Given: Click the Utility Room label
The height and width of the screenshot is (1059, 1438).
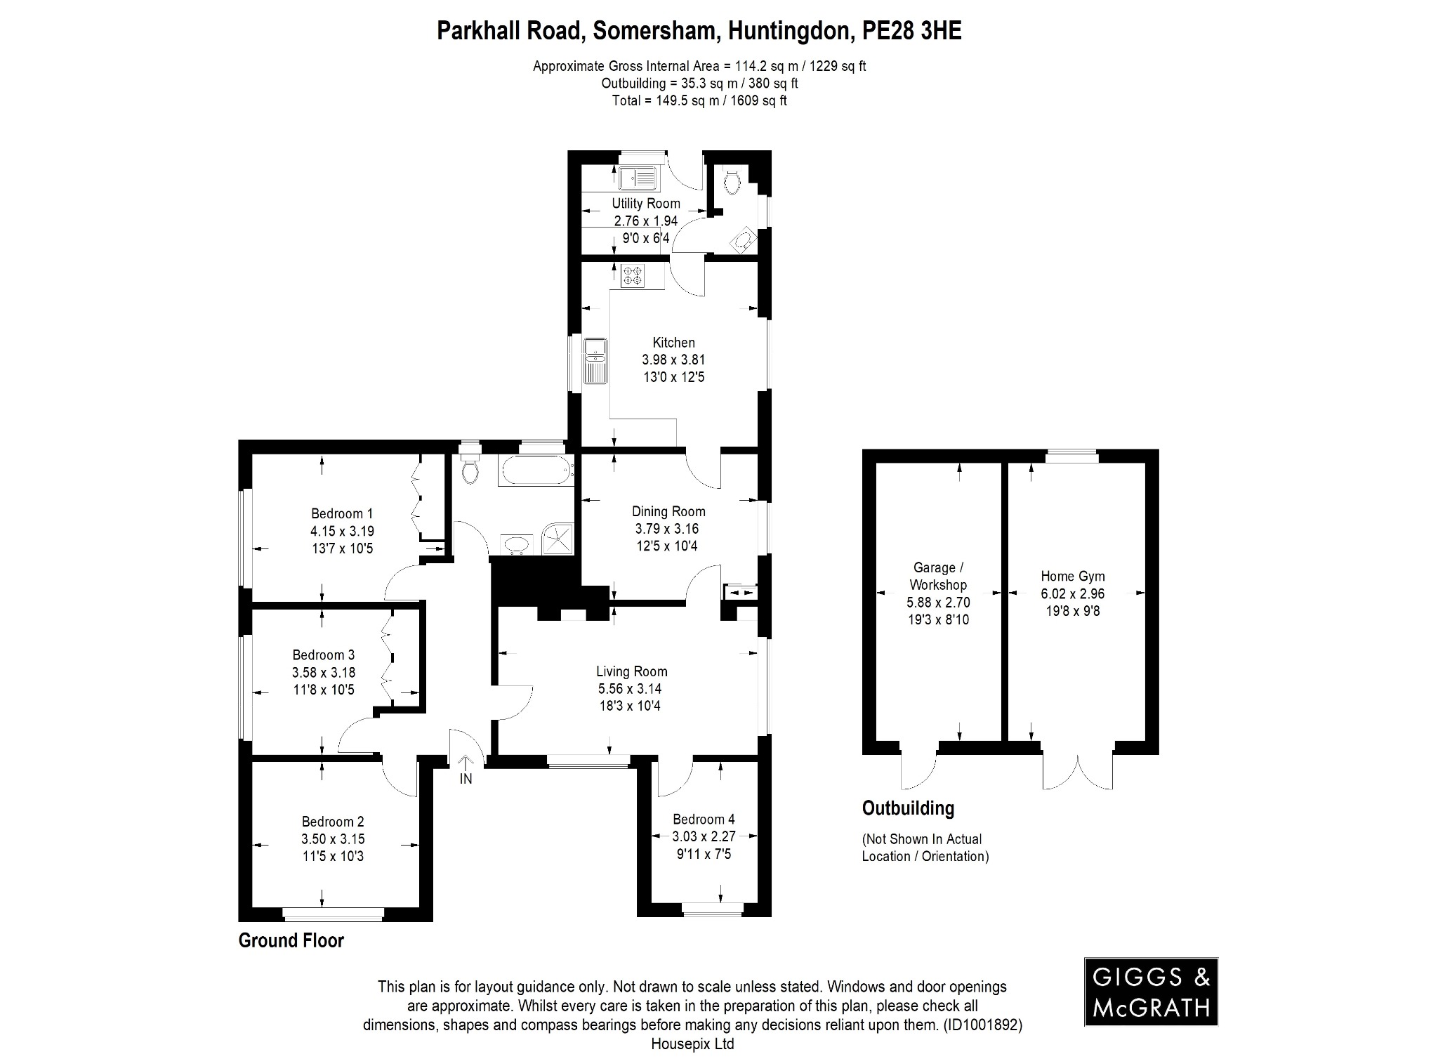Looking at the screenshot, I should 645,204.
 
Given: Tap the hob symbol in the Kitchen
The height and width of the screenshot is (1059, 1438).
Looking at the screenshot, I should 633,275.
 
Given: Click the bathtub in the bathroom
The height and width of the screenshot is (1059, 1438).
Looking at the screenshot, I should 535,471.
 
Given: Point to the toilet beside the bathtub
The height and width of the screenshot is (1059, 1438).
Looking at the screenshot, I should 470,468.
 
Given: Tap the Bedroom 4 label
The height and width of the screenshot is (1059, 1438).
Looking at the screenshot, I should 704,819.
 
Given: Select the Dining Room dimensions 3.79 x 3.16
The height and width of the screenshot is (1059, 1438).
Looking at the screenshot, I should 666,529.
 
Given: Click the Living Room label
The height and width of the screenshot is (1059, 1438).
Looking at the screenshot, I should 631,671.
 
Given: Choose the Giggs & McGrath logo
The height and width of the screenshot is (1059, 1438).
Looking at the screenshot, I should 1151,992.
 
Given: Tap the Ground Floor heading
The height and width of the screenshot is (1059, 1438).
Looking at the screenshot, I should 291,940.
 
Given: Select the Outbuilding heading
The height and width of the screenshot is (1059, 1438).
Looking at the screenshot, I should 908,808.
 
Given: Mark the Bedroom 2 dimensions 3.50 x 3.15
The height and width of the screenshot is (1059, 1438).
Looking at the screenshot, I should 333,838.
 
